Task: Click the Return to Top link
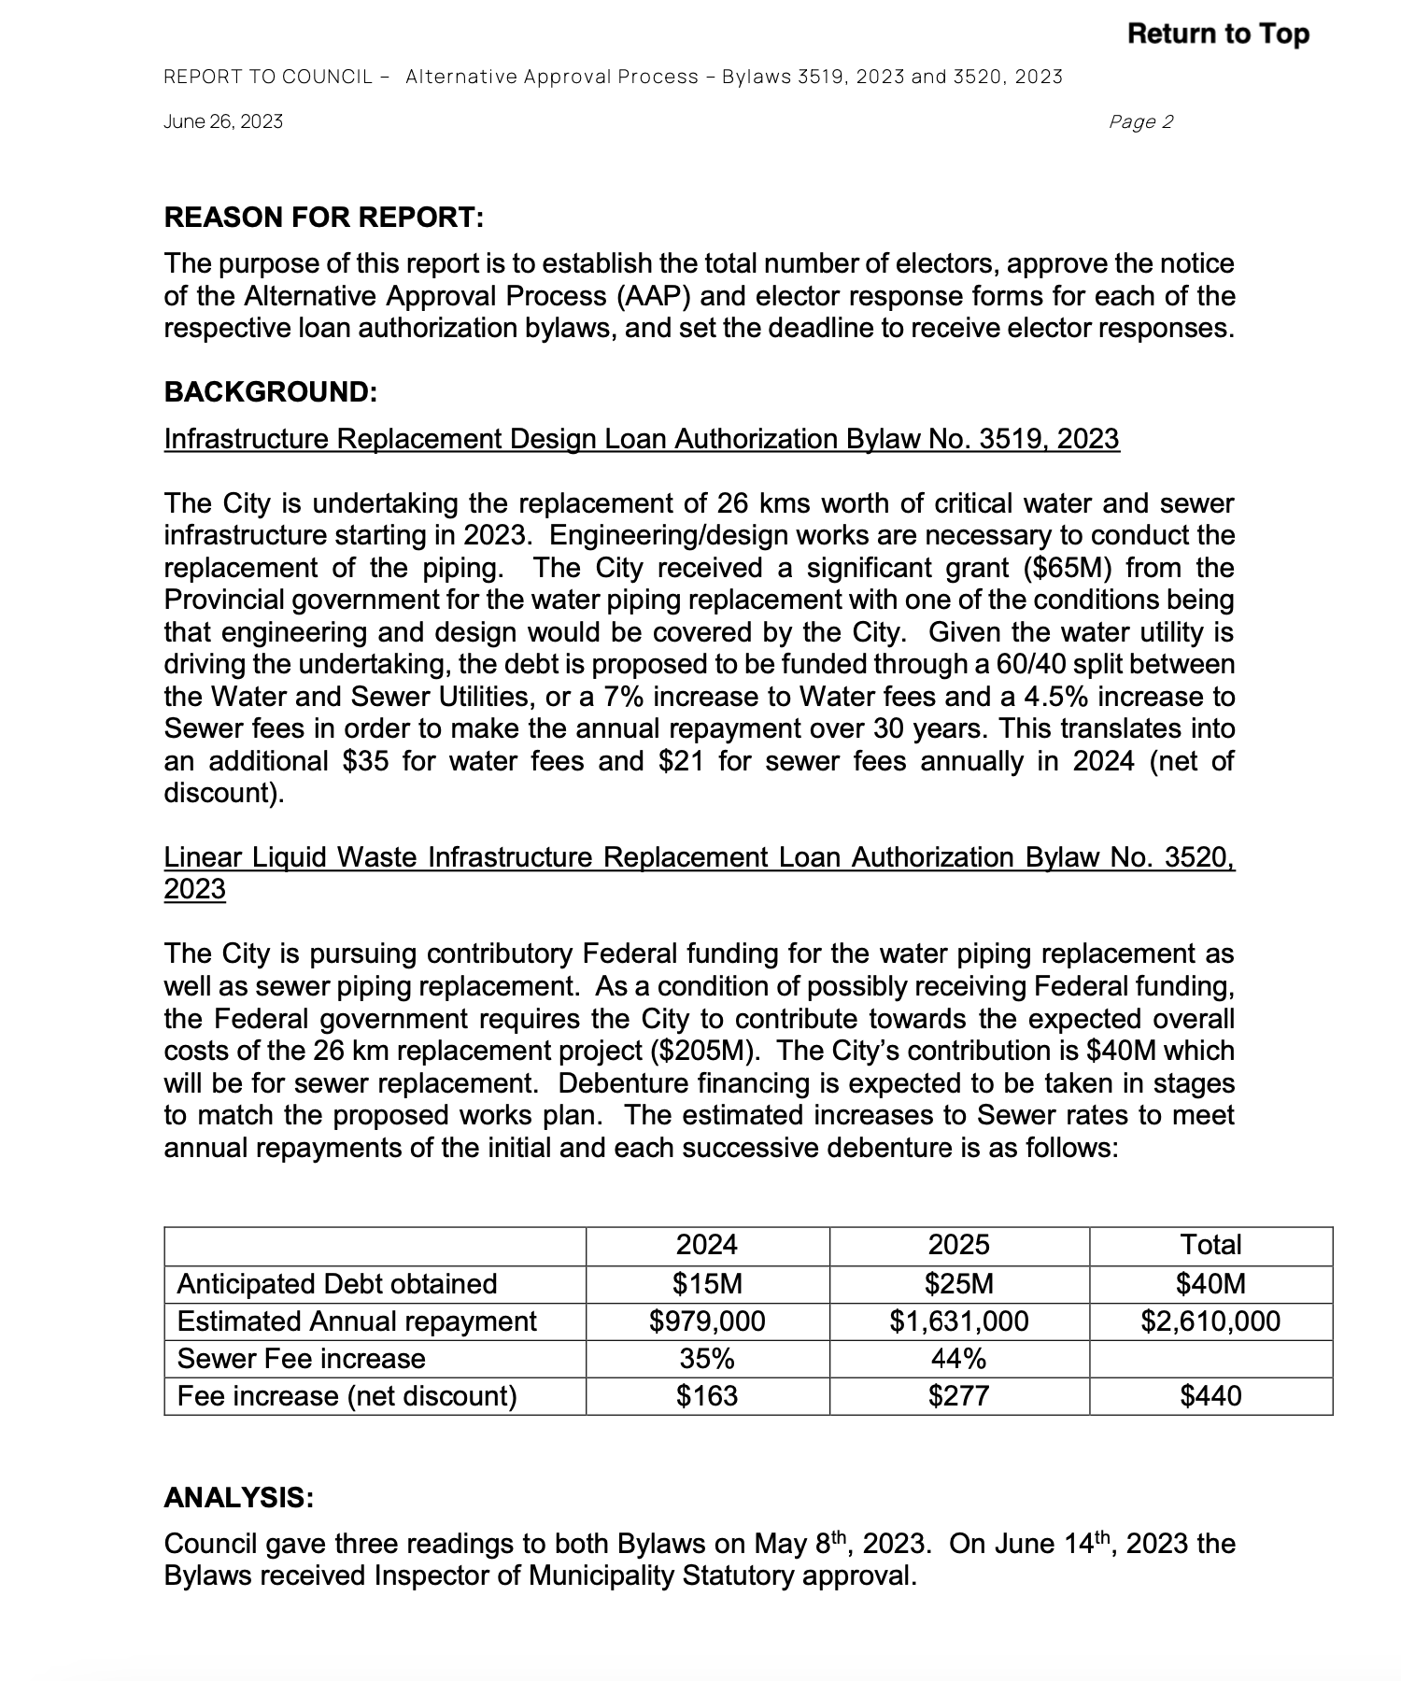coord(1218,34)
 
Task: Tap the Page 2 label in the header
coord(1140,121)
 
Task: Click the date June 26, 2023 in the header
coord(223,121)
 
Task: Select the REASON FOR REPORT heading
coord(324,218)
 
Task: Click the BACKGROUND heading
coord(271,391)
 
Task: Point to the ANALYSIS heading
coord(239,1498)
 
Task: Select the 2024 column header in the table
coord(707,1245)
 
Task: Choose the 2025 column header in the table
coord(959,1245)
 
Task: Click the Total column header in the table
coord(1210,1245)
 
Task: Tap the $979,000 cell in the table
coord(707,1321)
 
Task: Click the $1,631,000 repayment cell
coord(959,1321)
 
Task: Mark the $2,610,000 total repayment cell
coord(1210,1321)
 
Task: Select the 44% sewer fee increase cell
coord(959,1358)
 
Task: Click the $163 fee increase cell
coord(707,1395)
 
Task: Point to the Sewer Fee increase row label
coord(301,1358)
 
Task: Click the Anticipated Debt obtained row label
coord(336,1283)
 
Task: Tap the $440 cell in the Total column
coord(1210,1395)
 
